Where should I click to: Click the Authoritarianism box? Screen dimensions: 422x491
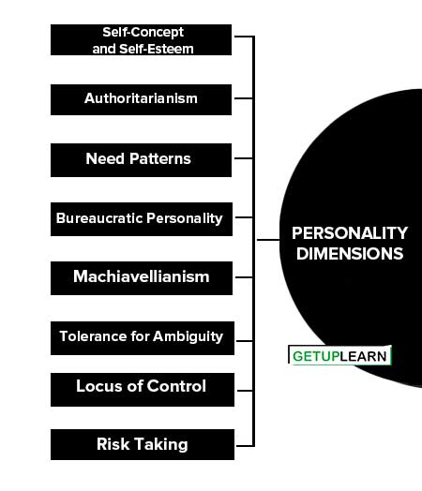pyautogui.click(x=141, y=99)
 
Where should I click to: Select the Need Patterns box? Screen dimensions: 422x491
pyautogui.click(x=141, y=160)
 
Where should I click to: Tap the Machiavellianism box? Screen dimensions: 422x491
pyautogui.click(x=142, y=278)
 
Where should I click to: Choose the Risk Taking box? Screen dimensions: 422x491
pyautogui.click(x=143, y=444)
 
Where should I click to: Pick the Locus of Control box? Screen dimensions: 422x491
pyautogui.click(x=143, y=390)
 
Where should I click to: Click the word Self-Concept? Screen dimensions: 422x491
pyautogui.click(x=143, y=32)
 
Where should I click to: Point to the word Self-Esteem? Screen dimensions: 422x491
pyautogui.click(x=157, y=49)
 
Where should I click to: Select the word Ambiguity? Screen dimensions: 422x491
pyautogui.click(x=188, y=337)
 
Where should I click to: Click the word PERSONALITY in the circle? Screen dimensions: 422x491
pyautogui.click(x=350, y=233)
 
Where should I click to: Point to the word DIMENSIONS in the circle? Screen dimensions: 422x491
pyautogui.click(x=350, y=254)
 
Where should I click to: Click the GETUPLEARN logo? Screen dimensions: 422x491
pyautogui.click(x=339, y=355)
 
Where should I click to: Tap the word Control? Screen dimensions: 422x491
pyautogui.click(x=176, y=386)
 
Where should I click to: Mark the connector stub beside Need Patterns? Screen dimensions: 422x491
pyautogui.click(x=244, y=158)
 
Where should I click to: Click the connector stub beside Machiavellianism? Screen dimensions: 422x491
pyautogui.click(x=244, y=277)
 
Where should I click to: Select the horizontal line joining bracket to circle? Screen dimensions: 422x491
pyautogui.click(x=268, y=240)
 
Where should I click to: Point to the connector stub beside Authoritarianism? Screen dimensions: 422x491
pyautogui.click(x=244, y=98)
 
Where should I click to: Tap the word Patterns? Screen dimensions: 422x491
pyautogui.click(x=160, y=158)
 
